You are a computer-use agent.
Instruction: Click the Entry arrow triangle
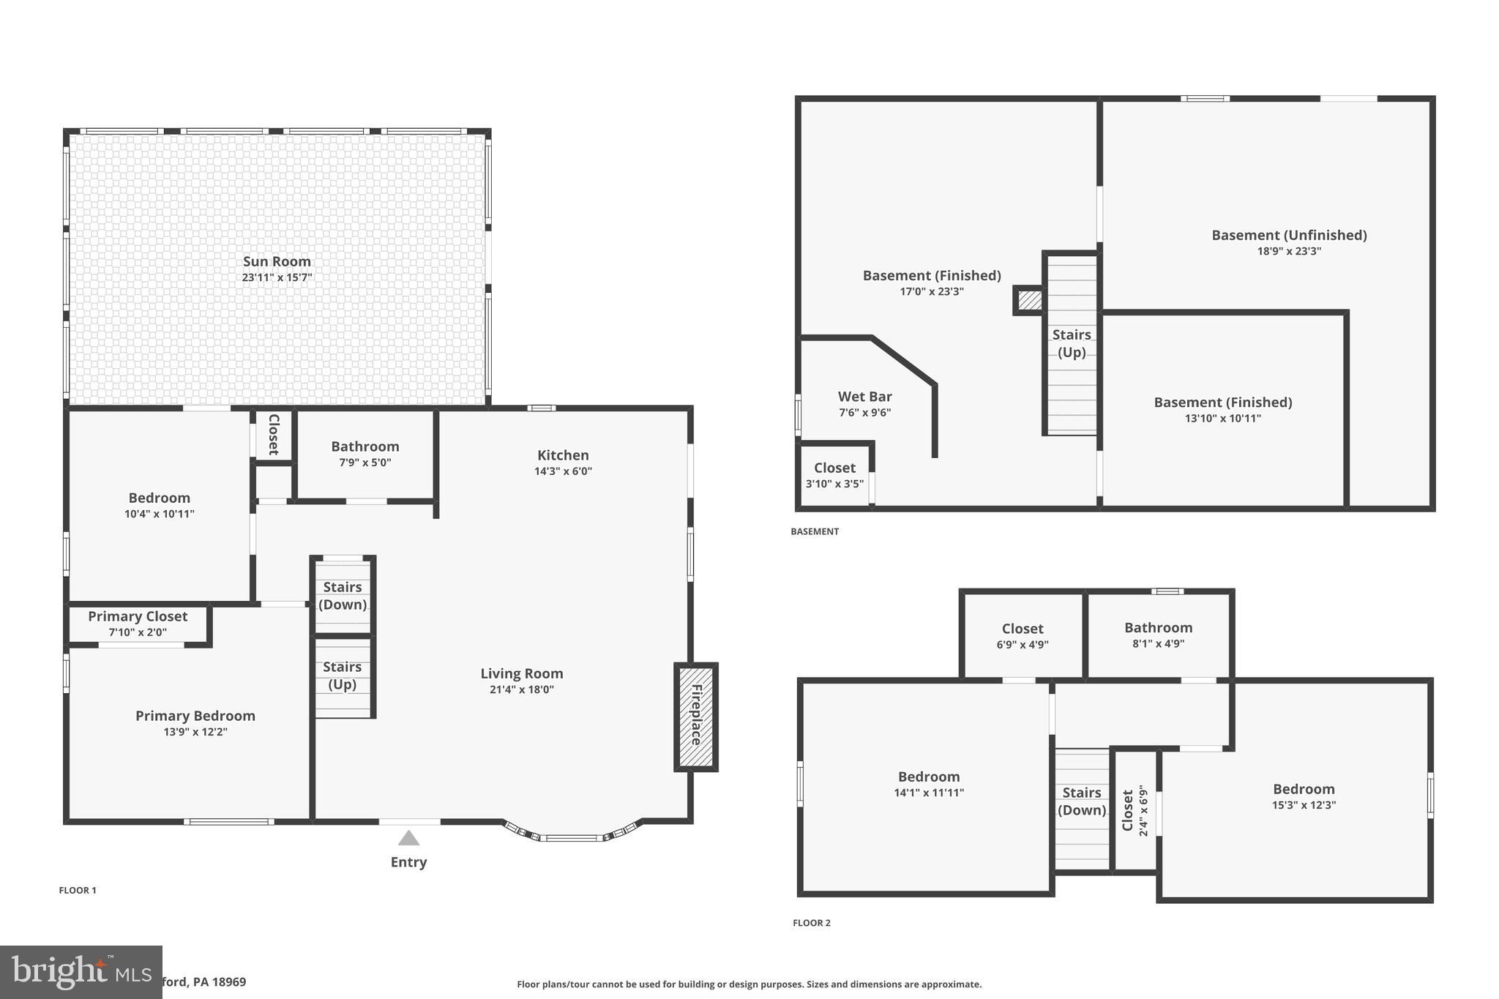point(408,839)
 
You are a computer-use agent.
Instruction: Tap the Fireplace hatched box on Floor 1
point(695,716)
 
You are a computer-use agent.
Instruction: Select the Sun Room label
point(277,261)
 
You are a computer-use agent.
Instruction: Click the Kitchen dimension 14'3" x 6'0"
point(563,471)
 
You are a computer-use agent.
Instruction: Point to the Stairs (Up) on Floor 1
point(342,676)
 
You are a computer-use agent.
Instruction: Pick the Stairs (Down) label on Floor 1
point(343,596)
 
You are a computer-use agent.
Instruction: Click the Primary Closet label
point(138,616)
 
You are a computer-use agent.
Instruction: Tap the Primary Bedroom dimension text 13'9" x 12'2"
point(195,732)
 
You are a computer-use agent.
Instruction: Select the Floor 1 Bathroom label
point(365,446)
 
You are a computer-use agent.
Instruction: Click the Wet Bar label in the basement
point(864,397)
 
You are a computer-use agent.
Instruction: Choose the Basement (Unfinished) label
point(1289,235)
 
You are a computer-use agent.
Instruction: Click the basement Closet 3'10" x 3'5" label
point(834,468)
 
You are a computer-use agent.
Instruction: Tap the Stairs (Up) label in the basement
point(1072,343)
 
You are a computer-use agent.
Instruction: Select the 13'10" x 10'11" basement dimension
point(1222,419)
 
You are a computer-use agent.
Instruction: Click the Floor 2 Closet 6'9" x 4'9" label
point(1023,629)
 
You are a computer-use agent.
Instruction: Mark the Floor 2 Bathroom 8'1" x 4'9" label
point(1158,628)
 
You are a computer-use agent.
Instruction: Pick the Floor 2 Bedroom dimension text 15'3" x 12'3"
point(1304,805)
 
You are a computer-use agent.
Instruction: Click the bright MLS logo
point(81,972)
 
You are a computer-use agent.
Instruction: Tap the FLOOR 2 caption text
point(811,923)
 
